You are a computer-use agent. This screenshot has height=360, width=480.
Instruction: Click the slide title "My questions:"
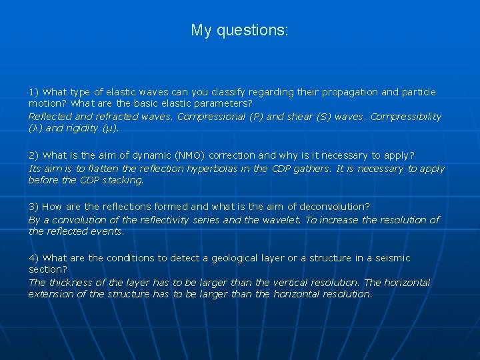239,31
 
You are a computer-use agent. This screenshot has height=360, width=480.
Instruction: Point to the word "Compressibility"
406,117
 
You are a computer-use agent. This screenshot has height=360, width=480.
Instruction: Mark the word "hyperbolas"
225,169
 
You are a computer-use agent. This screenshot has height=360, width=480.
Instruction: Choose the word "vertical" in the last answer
289,283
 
